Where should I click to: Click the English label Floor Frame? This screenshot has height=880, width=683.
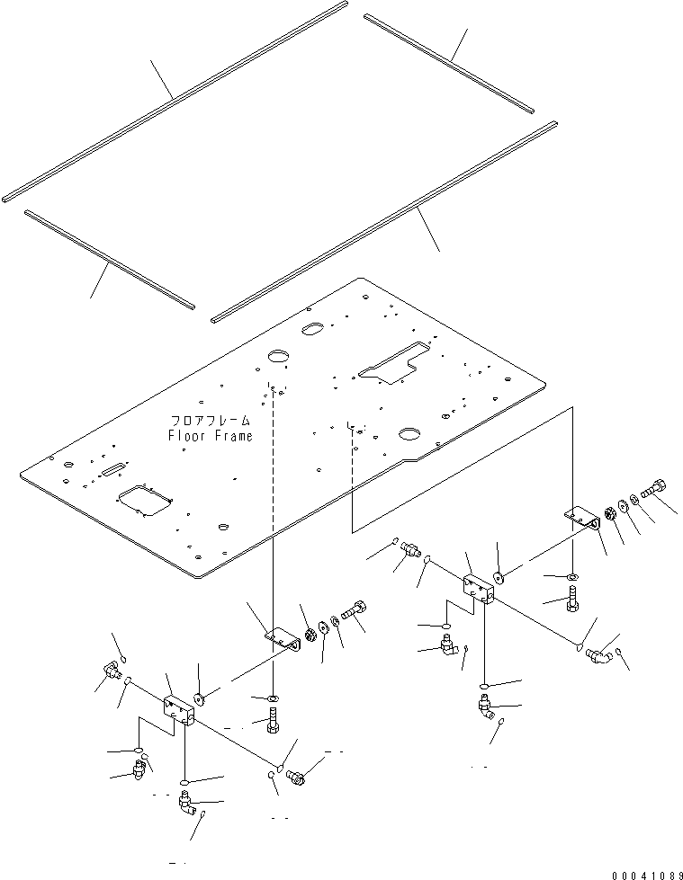(x=210, y=436)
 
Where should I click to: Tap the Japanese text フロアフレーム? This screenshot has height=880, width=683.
(x=210, y=421)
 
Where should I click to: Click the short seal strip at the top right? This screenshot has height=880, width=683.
(x=450, y=61)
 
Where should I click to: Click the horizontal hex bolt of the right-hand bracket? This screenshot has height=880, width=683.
(x=653, y=490)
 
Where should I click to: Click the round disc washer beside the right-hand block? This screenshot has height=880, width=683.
(x=499, y=577)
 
